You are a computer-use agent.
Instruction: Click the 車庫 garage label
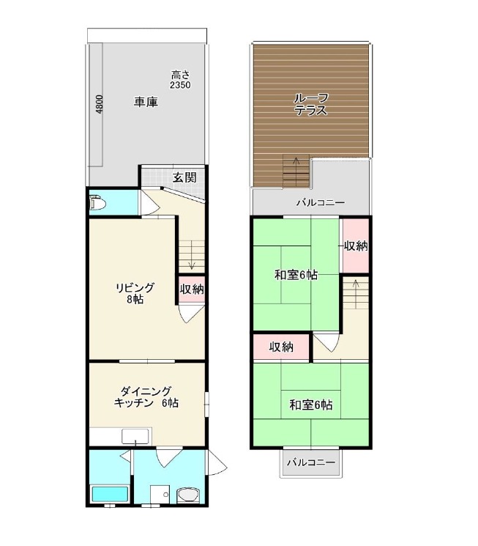[146, 102]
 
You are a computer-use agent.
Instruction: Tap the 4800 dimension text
[100, 105]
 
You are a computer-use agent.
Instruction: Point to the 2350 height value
[180, 85]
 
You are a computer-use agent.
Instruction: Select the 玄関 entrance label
[184, 177]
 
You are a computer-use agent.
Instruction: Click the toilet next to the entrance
[97, 203]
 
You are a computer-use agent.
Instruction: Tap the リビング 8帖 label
[135, 293]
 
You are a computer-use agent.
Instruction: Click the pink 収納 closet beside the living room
[192, 289]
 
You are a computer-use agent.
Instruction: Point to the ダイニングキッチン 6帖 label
[146, 397]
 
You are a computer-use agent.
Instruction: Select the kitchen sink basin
[135, 436]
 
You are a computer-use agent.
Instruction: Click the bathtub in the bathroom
[110, 494]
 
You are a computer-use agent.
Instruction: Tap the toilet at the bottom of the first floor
[187, 495]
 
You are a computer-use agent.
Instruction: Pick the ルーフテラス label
[310, 104]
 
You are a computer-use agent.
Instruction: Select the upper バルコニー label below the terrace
[321, 203]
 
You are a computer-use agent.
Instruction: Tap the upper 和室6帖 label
[296, 275]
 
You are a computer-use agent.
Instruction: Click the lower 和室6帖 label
[311, 405]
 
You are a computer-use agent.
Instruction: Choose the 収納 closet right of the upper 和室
[356, 246]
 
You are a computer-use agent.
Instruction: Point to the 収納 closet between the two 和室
[281, 347]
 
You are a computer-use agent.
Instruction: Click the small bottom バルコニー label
[311, 462]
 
